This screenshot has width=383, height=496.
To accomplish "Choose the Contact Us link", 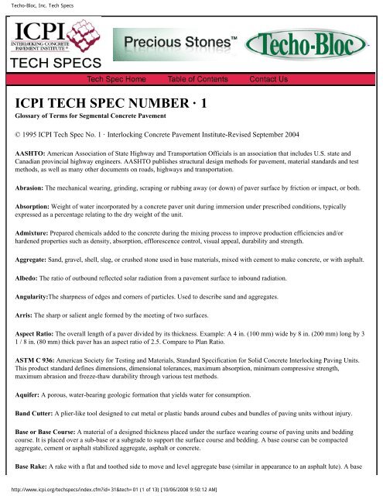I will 268,79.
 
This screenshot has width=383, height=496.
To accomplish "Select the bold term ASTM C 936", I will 40,391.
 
